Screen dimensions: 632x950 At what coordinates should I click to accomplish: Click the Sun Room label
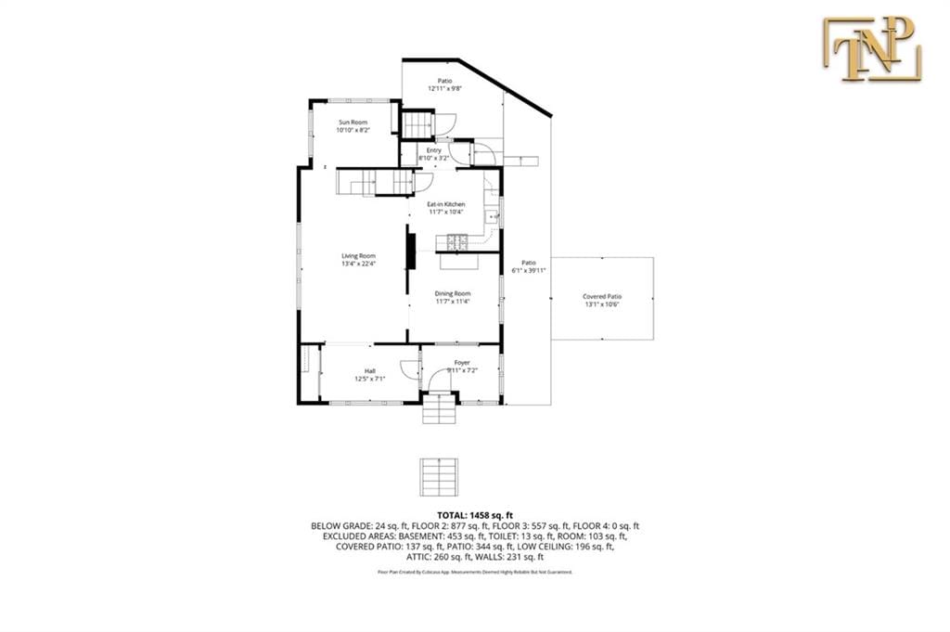(353, 123)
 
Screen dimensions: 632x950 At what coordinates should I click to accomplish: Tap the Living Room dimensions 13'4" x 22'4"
(358, 264)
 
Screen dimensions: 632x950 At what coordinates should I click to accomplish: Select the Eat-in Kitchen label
(445, 204)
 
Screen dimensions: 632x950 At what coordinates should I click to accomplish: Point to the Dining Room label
(453, 293)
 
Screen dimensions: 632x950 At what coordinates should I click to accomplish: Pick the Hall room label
(369, 371)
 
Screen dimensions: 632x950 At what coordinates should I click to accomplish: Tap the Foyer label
(462, 362)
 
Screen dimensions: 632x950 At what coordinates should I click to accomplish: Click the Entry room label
(434, 149)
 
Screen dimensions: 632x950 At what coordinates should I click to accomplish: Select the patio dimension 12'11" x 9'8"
(445, 89)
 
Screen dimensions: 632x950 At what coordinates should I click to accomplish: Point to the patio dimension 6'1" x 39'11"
(529, 271)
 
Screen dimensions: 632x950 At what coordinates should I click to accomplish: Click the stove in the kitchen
(457, 243)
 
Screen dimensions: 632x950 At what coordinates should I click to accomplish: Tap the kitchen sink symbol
(493, 217)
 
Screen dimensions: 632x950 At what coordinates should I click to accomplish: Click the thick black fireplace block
(409, 250)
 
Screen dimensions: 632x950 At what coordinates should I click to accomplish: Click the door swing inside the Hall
(407, 368)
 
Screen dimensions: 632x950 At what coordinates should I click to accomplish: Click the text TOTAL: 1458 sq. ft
(474, 514)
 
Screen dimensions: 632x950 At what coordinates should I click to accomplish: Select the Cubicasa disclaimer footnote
(474, 573)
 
